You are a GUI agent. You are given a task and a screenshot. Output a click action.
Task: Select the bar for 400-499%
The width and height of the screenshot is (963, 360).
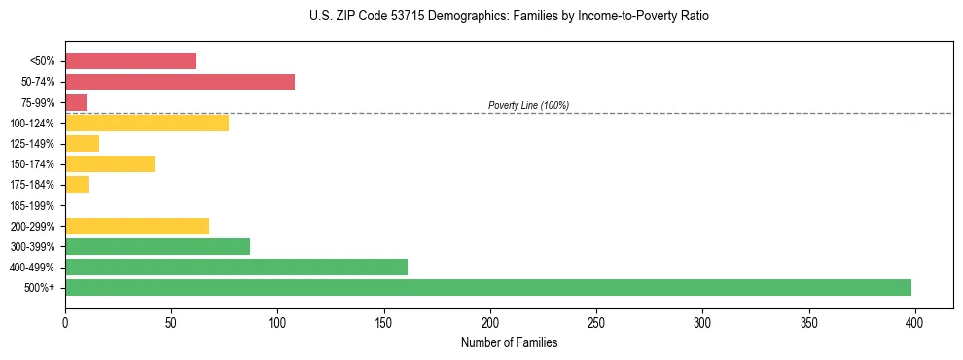pyautogui.click(x=236, y=267)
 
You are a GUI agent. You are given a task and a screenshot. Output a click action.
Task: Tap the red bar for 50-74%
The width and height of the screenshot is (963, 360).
pyautogui.click(x=180, y=82)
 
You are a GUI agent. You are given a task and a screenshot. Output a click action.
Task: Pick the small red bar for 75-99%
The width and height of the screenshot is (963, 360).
pyautogui.click(x=76, y=102)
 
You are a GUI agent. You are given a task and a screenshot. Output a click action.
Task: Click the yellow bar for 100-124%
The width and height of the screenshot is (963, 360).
pyautogui.click(x=147, y=123)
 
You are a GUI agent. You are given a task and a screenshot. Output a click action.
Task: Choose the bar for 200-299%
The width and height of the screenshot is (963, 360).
pyautogui.click(x=137, y=226)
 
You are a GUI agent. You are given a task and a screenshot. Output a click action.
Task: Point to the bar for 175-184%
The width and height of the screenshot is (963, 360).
pyautogui.click(x=77, y=185)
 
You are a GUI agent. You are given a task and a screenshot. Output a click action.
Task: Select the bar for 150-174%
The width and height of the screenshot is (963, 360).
pyautogui.click(x=110, y=164)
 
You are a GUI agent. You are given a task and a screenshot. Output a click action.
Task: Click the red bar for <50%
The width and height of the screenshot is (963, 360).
pyautogui.click(x=130, y=61)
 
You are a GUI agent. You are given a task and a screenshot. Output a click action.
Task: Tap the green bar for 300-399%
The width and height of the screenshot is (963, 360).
pyautogui.click(x=158, y=246)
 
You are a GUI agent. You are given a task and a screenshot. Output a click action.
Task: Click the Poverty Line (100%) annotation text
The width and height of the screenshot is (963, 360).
pyautogui.click(x=528, y=105)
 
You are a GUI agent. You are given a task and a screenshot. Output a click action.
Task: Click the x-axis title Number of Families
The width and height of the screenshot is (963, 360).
pyautogui.click(x=510, y=342)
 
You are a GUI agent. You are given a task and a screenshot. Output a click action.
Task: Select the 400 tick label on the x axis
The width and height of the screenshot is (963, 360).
pyautogui.click(x=914, y=320)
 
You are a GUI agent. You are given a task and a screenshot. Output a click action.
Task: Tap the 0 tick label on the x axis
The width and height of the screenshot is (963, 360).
pyautogui.click(x=65, y=320)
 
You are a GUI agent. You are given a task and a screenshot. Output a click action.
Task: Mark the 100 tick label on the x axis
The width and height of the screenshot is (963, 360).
pyautogui.click(x=277, y=320)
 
